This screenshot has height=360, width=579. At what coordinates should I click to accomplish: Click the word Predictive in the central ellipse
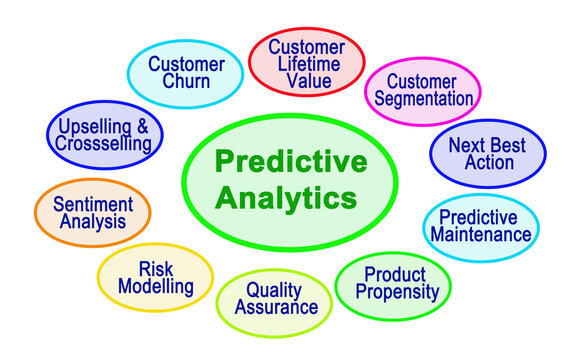291,161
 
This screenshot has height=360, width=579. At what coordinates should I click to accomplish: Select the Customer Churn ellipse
185,72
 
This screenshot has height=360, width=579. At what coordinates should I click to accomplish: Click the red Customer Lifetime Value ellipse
306,63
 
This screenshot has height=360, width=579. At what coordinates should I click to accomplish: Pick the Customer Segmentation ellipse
423,89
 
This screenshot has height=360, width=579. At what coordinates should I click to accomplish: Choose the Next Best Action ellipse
487,153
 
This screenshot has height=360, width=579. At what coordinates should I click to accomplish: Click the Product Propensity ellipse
392,284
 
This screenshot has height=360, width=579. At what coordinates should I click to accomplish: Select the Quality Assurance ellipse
274,298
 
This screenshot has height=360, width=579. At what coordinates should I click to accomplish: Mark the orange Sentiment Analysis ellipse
92,211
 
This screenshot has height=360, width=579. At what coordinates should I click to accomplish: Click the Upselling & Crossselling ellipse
105,135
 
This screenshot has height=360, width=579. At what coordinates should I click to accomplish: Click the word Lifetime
306,63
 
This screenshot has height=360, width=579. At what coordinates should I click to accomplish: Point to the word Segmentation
423,98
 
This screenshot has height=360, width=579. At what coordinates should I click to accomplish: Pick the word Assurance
275,307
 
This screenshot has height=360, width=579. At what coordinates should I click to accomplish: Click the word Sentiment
92,202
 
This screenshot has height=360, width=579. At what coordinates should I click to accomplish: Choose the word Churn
185,82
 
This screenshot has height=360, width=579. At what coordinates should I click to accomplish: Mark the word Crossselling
105,144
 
